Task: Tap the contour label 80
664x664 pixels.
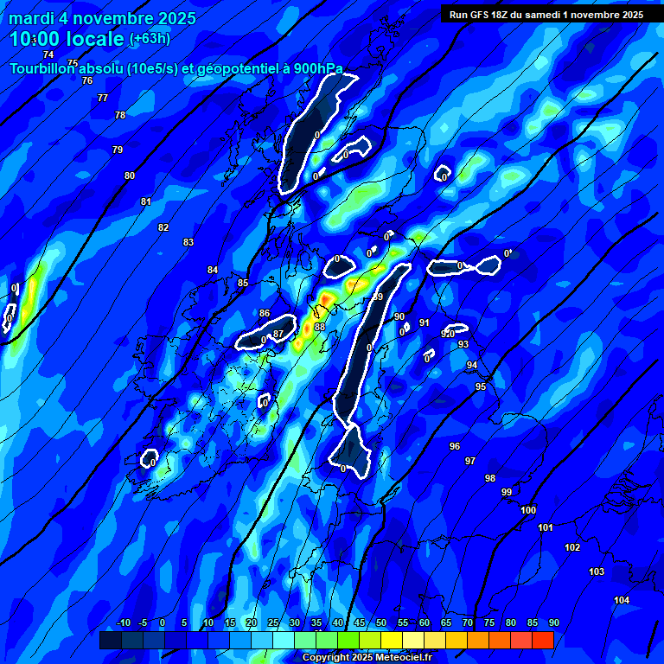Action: (130, 176)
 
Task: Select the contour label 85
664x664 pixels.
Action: (243, 283)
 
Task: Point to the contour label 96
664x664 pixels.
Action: (455, 446)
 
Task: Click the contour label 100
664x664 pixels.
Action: (528, 510)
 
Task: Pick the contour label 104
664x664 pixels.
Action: (622, 600)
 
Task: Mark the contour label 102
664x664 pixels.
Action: (572, 547)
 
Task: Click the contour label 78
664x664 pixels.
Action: (120, 115)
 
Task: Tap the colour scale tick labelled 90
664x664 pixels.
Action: (553, 622)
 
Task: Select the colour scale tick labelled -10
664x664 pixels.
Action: (123, 622)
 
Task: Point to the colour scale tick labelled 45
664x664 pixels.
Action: (360, 622)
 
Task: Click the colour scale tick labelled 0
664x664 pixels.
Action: (163, 622)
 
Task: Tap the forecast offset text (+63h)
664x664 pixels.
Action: (150, 38)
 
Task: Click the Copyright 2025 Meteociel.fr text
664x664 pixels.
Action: (367, 658)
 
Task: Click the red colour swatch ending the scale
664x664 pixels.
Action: (543, 640)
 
